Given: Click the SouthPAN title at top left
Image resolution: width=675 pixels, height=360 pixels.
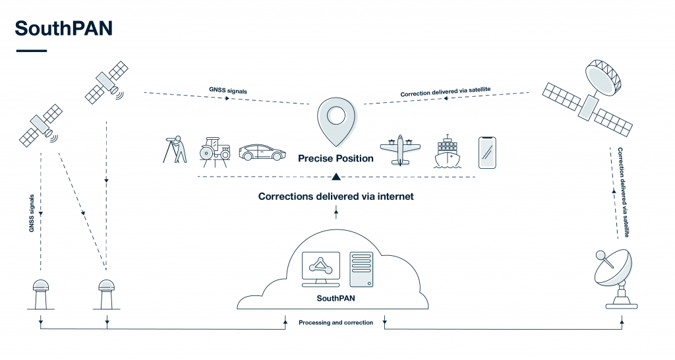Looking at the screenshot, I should [64, 28].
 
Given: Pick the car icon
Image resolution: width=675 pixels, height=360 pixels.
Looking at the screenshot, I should [262, 152].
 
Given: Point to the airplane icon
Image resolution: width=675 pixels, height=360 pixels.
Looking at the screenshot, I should [400, 150].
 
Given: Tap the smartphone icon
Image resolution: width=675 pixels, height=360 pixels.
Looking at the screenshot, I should [486, 153].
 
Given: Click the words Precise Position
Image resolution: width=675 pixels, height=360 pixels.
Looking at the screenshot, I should [336, 158].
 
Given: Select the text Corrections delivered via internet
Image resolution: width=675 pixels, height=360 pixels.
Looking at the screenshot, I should [336, 196].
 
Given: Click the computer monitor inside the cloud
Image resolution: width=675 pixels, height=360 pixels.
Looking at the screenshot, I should [320, 268].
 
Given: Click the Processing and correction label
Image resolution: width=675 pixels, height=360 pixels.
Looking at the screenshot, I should [336, 322].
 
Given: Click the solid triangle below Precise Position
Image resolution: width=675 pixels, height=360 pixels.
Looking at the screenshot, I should [336, 176].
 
